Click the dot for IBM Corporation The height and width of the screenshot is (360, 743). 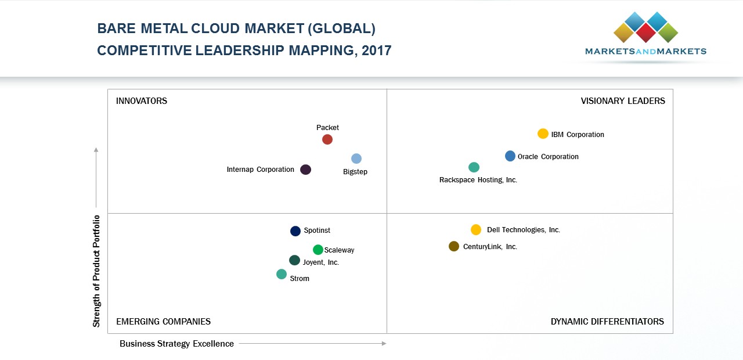543,134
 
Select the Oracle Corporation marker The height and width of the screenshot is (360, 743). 510,156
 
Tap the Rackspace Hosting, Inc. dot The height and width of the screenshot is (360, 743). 474,167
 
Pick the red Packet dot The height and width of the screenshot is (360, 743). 327,139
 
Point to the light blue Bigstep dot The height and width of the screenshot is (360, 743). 356,159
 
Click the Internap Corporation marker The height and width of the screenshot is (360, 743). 306,170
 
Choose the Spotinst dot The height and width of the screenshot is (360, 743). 295,231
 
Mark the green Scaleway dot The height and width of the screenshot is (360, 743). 318,250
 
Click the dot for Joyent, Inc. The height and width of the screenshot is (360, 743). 295,260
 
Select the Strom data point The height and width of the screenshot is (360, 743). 282,274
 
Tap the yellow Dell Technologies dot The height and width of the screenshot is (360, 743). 476,229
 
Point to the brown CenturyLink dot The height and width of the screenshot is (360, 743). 454,246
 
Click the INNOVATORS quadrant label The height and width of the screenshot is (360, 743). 142,101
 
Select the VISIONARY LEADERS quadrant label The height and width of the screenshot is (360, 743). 623,101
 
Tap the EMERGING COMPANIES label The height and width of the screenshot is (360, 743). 163,322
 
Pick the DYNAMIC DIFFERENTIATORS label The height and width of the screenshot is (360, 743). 607,322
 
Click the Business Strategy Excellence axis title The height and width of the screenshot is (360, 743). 176,344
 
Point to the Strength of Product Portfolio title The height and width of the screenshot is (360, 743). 97,271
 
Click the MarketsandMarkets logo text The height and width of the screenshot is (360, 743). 645,51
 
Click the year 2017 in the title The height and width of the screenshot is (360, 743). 376,51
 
